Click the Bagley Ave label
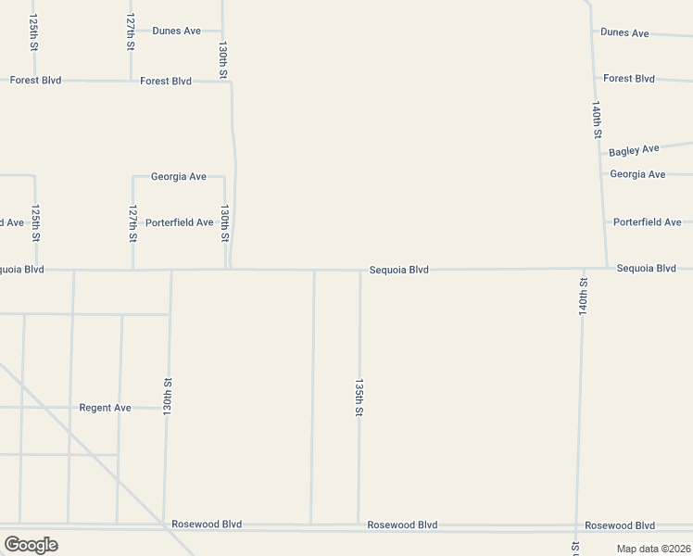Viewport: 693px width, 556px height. pyautogui.click(x=634, y=149)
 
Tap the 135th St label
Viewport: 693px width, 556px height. pyautogui.click(x=359, y=397)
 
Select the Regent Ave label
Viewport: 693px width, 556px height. pyautogui.click(x=105, y=408)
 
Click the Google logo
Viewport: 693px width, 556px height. pyautogui.click(x=31, y=545)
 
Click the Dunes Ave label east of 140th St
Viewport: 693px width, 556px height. pyautogui.click(x=624, y=32)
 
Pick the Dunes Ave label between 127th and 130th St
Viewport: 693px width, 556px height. pyautogui.click(x=176, y=31)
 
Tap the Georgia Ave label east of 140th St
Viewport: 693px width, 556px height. pyautogui.click(x=637, y=174)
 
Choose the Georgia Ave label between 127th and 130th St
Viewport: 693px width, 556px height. pyautogui.click(x=178, y=176)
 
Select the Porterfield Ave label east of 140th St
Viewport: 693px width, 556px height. pyautogui.click(x=647, y=222)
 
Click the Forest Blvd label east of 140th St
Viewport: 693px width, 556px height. pyautogui.click(x=629, y=79)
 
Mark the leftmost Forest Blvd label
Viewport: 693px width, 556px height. pyautogui.click(x=35, y=81)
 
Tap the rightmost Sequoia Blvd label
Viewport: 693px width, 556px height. pyautogui.click(x=646, y=269)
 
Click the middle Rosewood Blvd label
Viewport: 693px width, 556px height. pyautogui.click(x=402, y=524)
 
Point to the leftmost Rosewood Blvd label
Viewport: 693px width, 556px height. pyautogui.click(x=207, y=524)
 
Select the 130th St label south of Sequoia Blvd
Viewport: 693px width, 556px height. pyautogui.click(x=168, y=395)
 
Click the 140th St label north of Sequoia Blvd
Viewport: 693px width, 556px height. pyautogui.click(x=598, y=120)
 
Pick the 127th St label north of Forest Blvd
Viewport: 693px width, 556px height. pyautogui.click(x=131, y=31)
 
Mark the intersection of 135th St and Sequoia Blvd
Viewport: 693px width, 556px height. pyautogui.click(x=360, y=272)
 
